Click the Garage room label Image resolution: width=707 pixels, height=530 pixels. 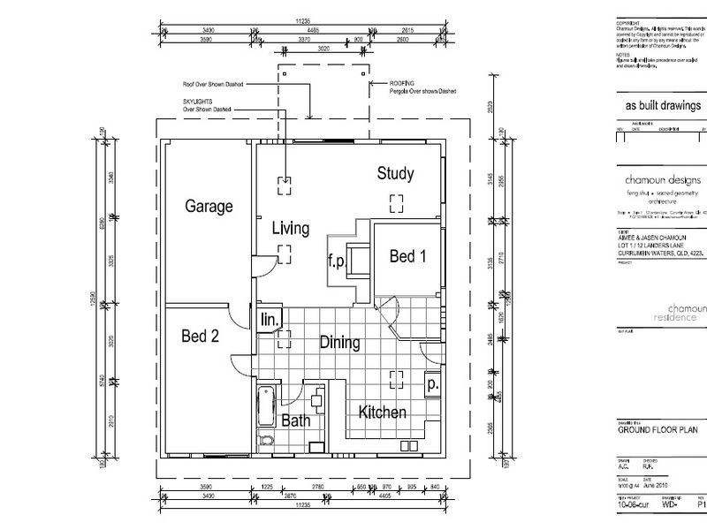(x=209, y=207)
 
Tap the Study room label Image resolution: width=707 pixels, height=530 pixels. (x=395, y=173)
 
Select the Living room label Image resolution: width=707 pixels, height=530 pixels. (x=290, y=229)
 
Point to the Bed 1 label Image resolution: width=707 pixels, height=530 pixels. (x=407, y=256)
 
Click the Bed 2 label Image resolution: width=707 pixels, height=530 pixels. (x=199, y=336)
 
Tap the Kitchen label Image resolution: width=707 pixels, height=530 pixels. (x=382, y=413)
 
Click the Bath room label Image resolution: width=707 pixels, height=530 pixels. (x=295, y=422)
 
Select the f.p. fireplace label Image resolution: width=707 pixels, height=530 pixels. (x=336, y=261)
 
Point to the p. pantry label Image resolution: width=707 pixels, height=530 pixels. (x=432, y=385)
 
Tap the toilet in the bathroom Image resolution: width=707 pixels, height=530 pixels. (x=266, y=441)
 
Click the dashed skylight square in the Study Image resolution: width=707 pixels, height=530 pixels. (x=397, y=201)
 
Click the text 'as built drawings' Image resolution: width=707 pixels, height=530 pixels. (x=656, y=105)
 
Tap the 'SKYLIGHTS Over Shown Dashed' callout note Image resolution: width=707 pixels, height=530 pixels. (x=206, y=106)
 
